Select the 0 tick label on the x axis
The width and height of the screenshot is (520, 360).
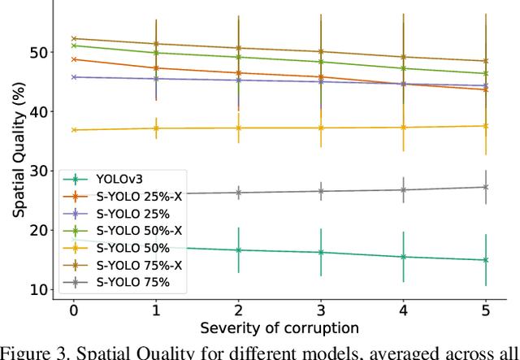tap(73, 311)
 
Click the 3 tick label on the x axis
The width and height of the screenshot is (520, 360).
tap(321, 311)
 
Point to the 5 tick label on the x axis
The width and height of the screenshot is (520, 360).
tap(486, 311)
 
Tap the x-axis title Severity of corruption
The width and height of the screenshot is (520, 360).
tap(279, 328)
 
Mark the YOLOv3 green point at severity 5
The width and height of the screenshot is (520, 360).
tap(486, 260)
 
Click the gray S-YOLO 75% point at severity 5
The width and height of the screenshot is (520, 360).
tap(486, 187)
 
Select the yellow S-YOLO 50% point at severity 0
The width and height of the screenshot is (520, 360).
tap(73, 130)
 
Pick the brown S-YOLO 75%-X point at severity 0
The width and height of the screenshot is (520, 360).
tap(73, 38)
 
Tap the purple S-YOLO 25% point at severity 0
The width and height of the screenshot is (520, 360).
tap(73, 77)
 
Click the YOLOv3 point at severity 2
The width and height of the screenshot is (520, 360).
tap(238, 249)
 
